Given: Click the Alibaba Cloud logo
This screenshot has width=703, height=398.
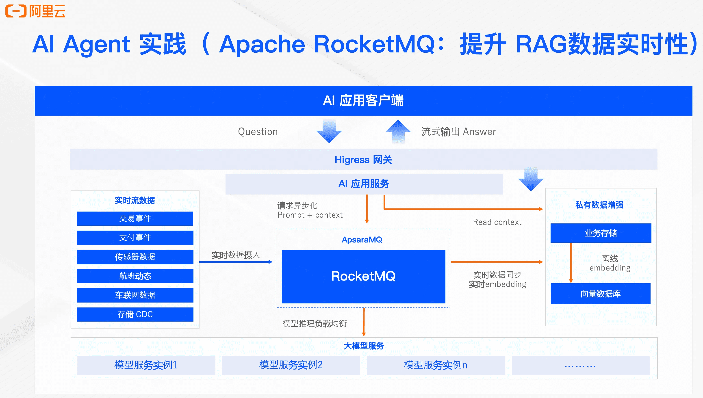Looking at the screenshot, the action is coord(35,11).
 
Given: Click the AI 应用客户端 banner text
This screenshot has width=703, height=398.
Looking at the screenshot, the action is coord(363,100).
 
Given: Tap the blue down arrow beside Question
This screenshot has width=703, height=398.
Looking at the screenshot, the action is coord(329,131).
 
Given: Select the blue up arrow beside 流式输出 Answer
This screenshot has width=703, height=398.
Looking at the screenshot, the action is coord(398,132).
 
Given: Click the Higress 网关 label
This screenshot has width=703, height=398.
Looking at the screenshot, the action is coord(363,160).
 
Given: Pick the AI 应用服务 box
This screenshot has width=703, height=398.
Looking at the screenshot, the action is coord(364,184).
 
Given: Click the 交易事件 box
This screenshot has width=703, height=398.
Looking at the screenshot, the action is coord(135,218).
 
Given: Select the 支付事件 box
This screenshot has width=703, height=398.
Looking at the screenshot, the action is coord(135,238).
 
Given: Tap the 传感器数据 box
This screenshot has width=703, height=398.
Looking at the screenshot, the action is coord(135,257).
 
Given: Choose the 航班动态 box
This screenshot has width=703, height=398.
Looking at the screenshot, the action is coord(135,276).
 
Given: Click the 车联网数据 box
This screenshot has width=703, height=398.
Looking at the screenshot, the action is coord(135,295).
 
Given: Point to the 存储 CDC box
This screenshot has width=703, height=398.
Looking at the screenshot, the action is coord(135,314).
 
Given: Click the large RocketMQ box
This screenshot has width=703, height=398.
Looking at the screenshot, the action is coord(363,277).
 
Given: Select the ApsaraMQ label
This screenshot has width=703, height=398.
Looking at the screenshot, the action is coord(362,240).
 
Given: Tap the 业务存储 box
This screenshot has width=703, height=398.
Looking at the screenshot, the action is coord(601,233).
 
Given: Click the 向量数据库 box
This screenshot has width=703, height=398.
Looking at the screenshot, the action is coord(601,294).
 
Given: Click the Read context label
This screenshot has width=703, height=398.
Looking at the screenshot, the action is coord(497,222).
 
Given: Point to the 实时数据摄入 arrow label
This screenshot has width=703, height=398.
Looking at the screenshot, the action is coord(236,255).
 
